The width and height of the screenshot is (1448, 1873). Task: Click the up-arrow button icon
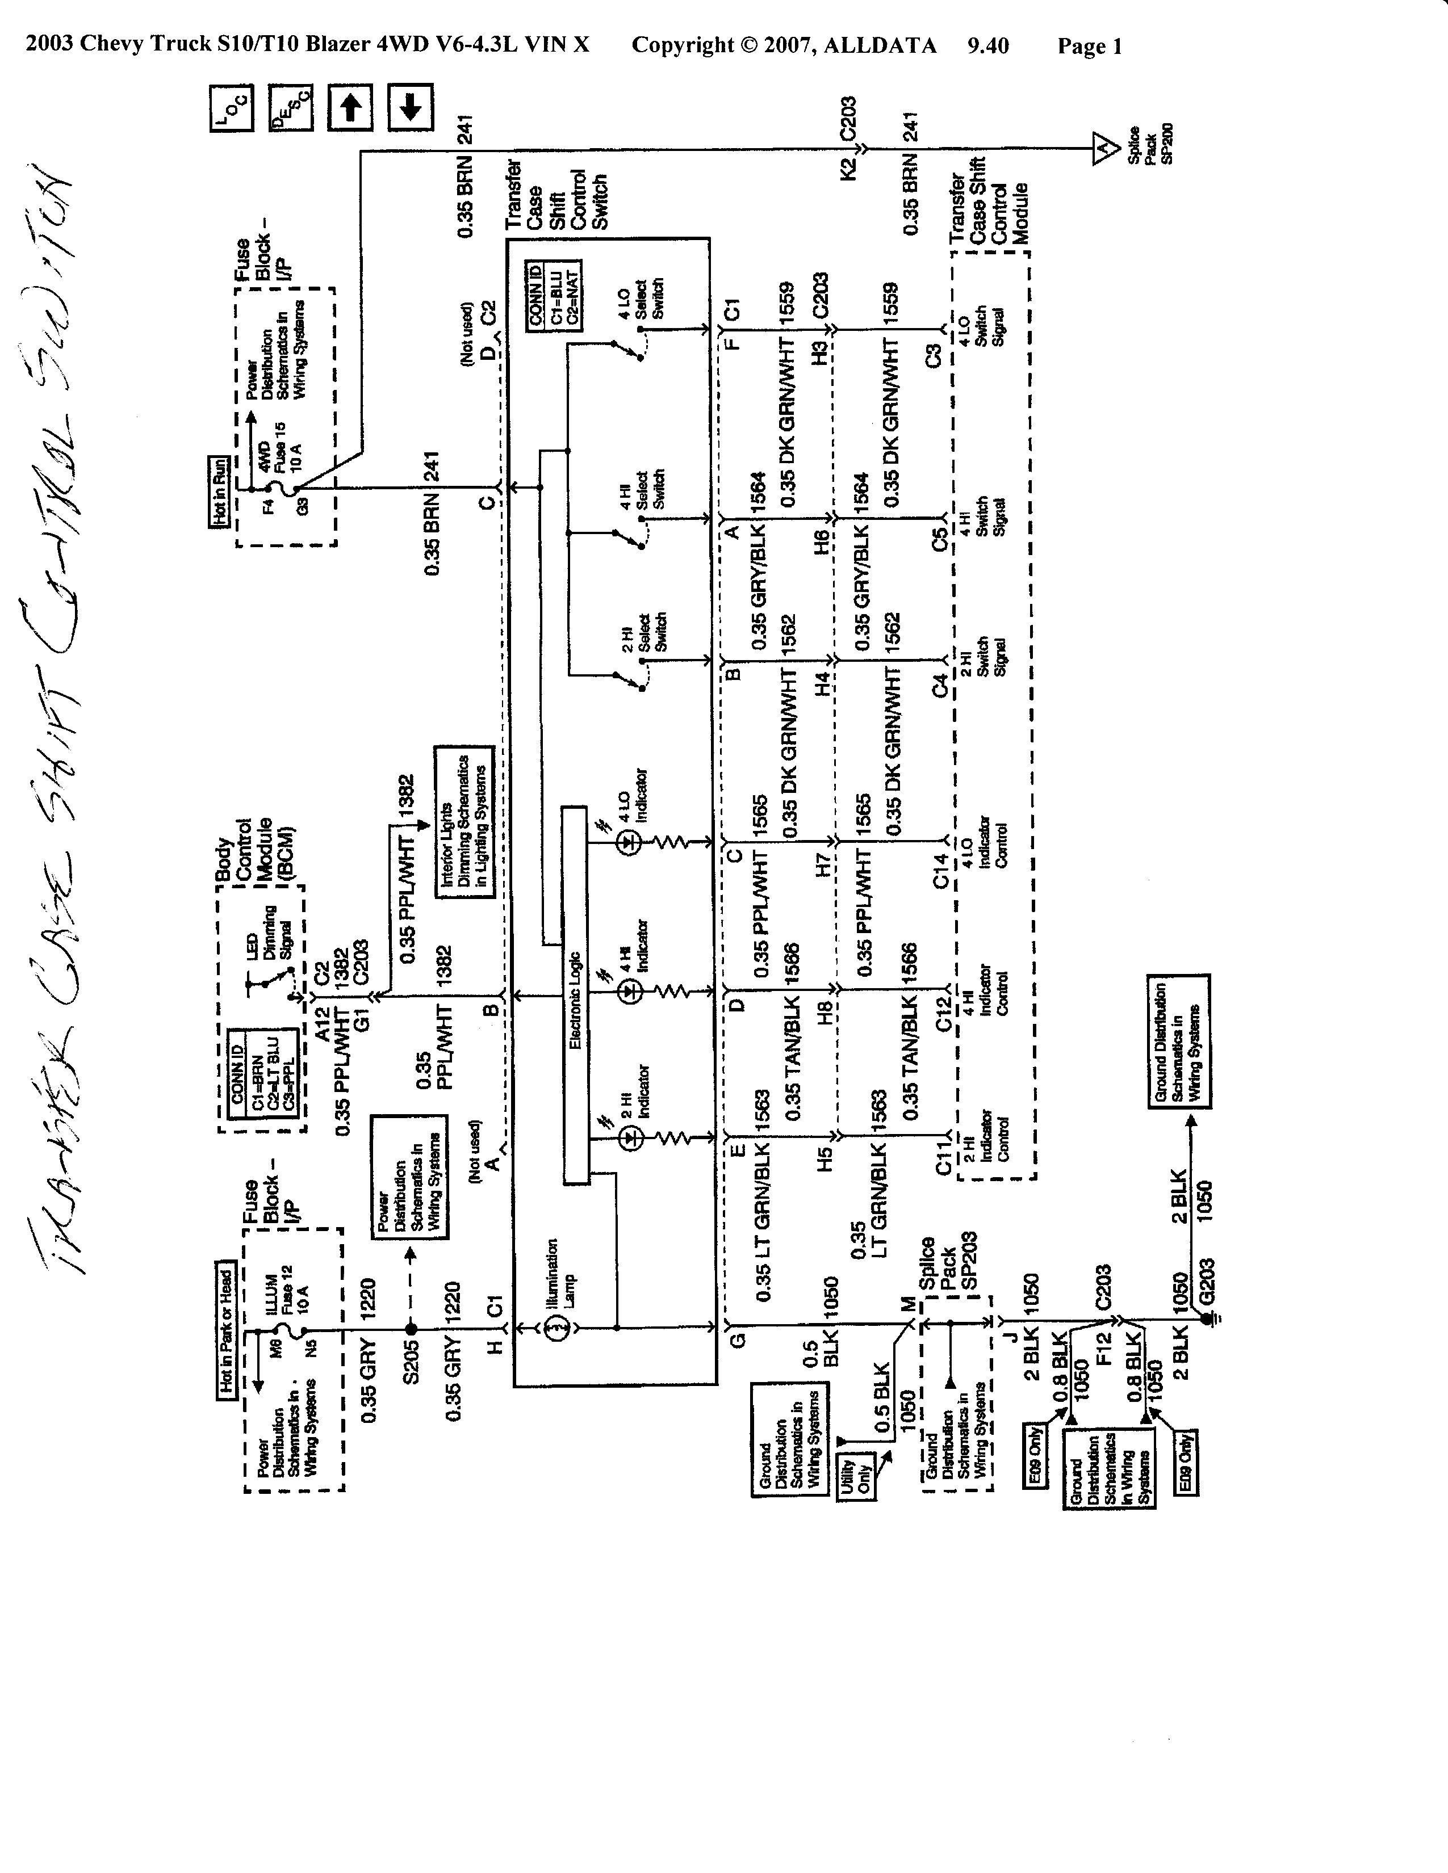pos(350,107)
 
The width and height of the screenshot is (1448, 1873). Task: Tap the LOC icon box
pos(232,108)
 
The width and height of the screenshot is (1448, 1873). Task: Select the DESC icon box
pos(291,107)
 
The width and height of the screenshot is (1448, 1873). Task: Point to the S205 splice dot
pos(411,1329)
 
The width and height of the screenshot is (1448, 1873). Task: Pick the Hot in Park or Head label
pos(225,1331)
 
